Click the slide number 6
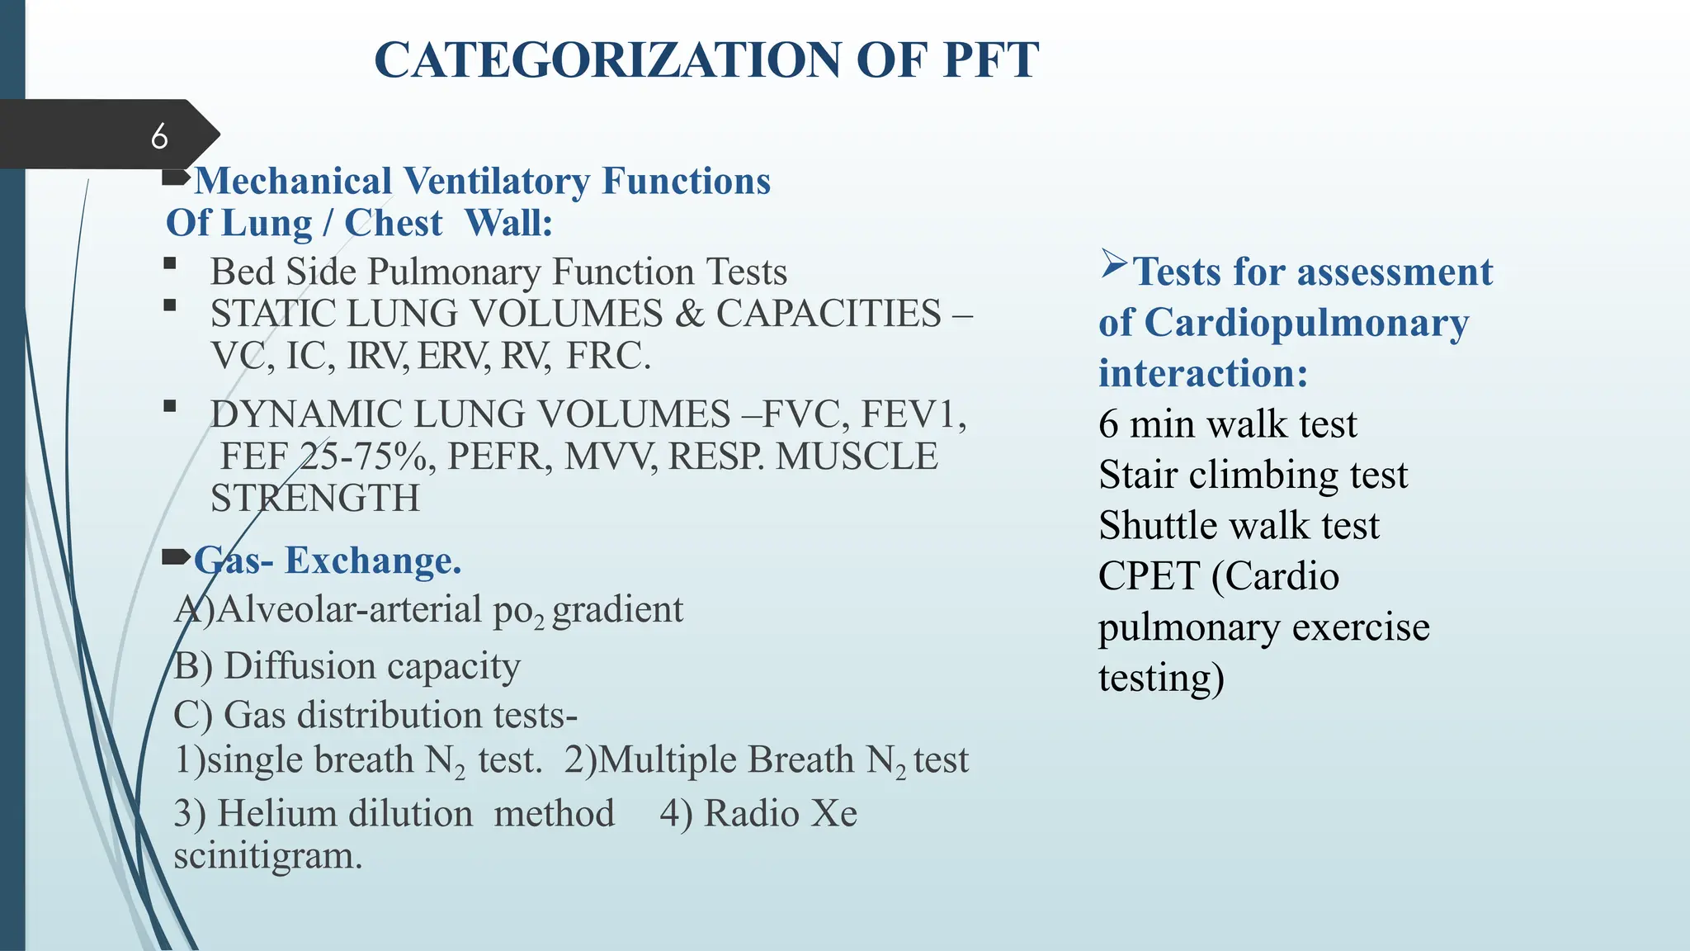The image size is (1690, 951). (x=159, y=136)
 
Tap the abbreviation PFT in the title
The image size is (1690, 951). (x=990, y=60)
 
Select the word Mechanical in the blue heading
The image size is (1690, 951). (x=293, y=182)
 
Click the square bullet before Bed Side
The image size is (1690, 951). (x=170, y=264)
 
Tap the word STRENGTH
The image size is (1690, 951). (x=314, y=499)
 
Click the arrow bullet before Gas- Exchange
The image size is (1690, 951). (x=176, y=557)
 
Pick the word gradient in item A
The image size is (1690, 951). (x=617, y=610)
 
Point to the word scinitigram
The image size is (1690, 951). (x=267, y=855)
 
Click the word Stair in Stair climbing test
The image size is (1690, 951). (x=1137, y=475)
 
